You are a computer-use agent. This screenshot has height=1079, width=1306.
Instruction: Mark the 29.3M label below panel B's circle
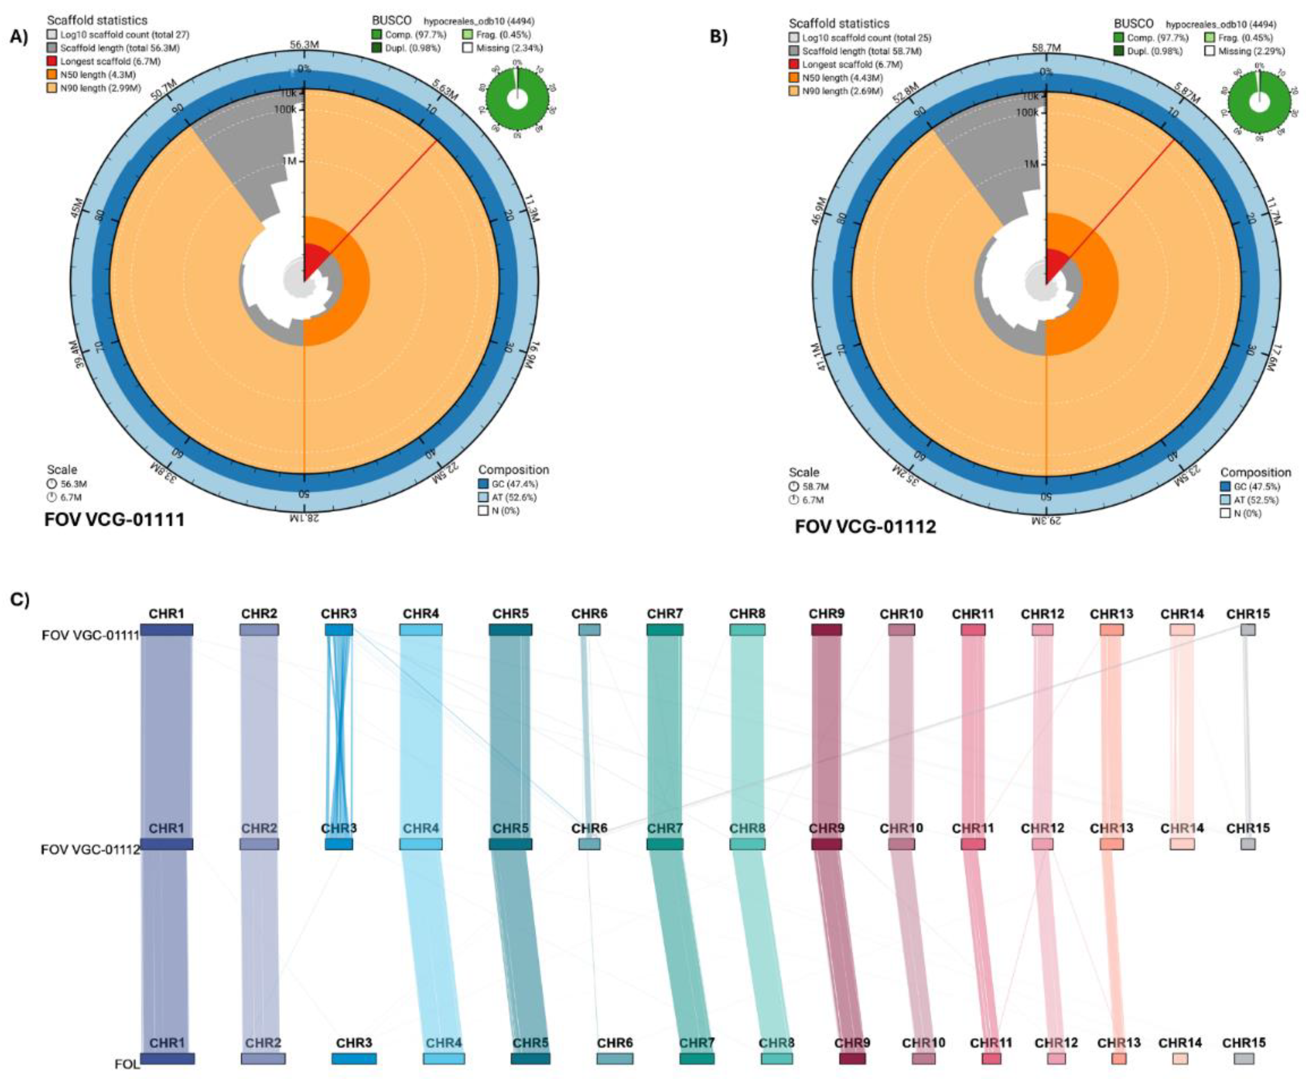pos(1046,520)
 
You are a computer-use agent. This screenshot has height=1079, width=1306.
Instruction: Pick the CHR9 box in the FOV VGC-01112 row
pos(826,844)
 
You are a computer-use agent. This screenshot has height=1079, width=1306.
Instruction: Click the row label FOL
pos(127,1064)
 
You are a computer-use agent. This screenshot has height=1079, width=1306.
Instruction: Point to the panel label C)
pos(20,600)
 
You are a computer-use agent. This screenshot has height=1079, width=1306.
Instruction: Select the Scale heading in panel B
pos(804,472)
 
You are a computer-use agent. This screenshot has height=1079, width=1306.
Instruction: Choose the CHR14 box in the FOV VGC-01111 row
pos(1182,630)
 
